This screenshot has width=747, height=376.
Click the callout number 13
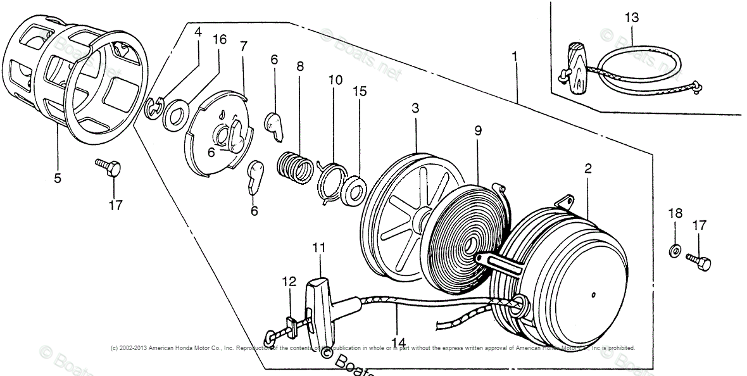click(x=632, y=18)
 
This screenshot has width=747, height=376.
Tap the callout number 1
click(x=515, y=57)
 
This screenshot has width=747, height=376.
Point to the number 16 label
click(x=219, y=39)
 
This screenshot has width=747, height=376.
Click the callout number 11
click(x=318, y=248)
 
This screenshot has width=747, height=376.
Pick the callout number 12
click(x=289, y=282)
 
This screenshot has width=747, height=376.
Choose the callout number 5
click(x=58, y=178)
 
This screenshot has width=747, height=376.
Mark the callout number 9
click(x=478, y=130)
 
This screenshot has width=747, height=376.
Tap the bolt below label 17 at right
click(x=698, y=261)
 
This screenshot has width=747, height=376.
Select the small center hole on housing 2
click(x=593, y=294)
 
